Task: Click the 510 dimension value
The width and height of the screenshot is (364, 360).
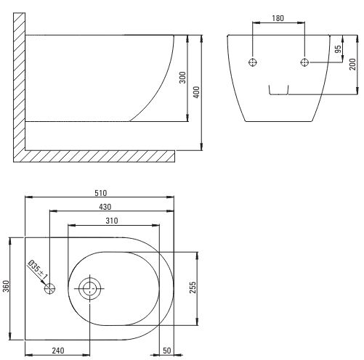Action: click(100, 193)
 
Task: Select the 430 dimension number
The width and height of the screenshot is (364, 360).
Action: click(105, 207)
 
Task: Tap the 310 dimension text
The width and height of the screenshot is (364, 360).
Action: click(112, 221)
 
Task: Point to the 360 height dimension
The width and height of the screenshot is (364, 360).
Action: click(6, 286)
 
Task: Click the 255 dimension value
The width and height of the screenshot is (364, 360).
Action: click(193, 287)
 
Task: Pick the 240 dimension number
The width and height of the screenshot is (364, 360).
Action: click(58, 350)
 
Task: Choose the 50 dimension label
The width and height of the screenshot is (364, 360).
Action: click(167, 351)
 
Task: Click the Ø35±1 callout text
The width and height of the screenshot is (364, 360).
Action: click(38, 269)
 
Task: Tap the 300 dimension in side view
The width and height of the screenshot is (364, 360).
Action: click(182, 78)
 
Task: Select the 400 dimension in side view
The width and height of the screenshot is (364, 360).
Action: click(197, 92)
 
